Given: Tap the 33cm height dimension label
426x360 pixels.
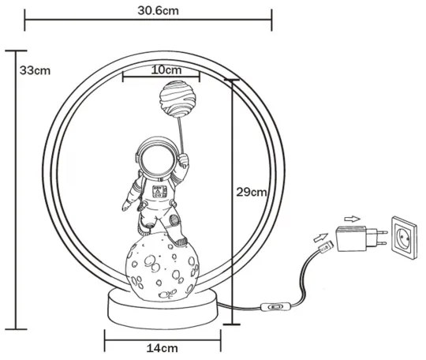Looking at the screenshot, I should point(35,70).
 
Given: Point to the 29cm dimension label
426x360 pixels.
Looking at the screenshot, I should point(252,192).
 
